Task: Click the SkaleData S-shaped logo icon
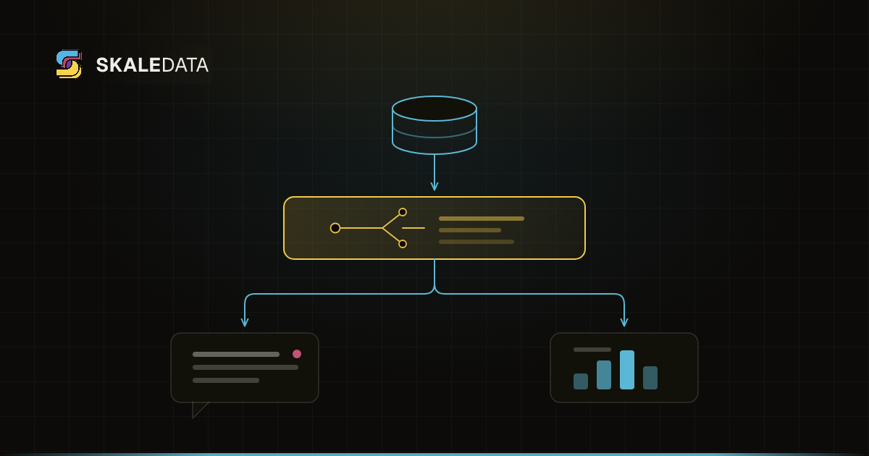[x=69, y=64]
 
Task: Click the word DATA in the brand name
[x=185, y=65]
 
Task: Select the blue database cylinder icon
[x=434, y=124]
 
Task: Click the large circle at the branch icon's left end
[x=335, y=228]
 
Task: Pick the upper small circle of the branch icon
[x=403, y=212]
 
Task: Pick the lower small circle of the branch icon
[x=403, y=244]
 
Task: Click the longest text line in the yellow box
[x=482, y=219]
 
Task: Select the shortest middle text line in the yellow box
[x=470, y=230]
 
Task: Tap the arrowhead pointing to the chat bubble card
[x=245, y=322]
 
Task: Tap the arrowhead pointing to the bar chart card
[x=624, y=322]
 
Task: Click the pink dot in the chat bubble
[x=297, y=354]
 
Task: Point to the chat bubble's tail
[x=198, y=409]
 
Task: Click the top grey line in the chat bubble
[x=236, y=355]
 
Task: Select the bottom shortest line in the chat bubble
[x=226, y=381]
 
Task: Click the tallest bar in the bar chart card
[x=627, y=370]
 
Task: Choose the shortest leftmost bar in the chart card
[x=581, y=381]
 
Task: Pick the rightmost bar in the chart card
[x=650, y=378]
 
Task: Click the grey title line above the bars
[x=592, y=350]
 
